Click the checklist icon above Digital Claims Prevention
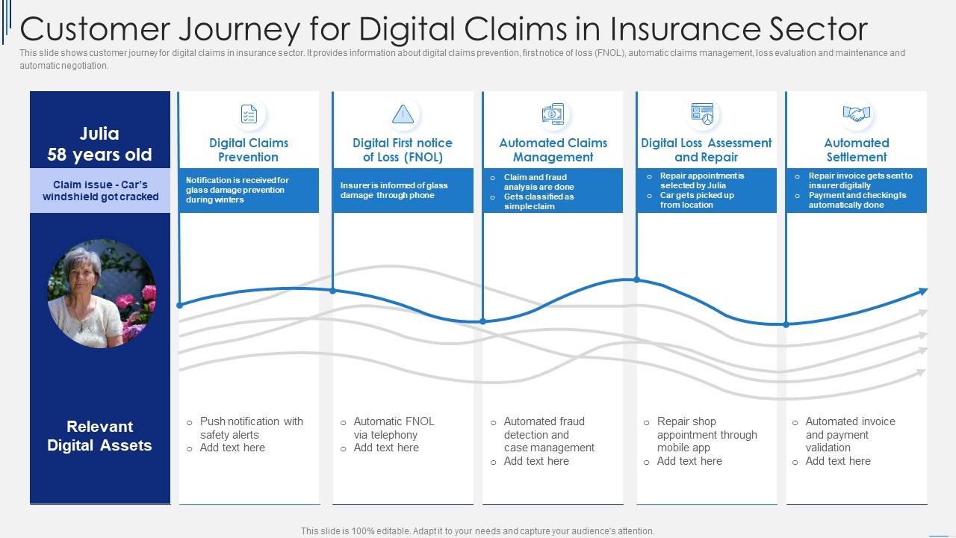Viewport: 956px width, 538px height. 249,114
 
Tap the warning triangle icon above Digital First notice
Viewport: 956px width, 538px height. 403,114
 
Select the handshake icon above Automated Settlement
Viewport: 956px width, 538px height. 856,114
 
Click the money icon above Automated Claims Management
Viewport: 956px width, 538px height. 553,114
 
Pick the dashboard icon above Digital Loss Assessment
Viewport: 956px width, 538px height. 702,114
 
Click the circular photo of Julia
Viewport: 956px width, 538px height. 102,294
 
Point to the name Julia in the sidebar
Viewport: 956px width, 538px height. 99,134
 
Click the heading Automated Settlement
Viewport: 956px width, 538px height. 856,149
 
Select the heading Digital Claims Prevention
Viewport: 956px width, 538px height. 249,149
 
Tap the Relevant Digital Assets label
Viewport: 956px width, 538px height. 99,436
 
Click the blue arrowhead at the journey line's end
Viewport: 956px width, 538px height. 922,291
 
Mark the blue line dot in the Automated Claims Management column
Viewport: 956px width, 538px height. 483,321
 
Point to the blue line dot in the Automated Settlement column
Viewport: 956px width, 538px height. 786,324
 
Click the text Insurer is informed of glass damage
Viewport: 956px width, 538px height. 394,191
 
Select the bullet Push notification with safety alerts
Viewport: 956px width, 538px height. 251,428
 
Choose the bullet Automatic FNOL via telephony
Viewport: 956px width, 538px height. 393,428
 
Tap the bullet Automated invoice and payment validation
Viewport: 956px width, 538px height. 849,434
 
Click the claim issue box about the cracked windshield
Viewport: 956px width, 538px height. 100,191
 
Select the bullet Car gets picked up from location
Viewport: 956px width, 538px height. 696,200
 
